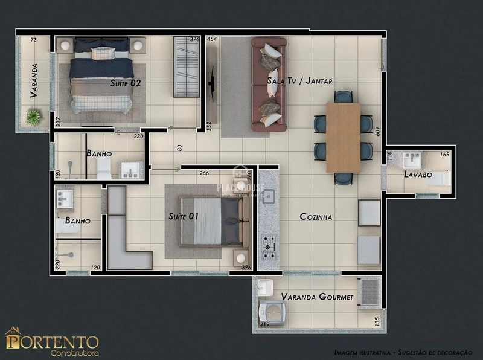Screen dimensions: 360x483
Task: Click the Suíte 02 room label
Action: (126, 83)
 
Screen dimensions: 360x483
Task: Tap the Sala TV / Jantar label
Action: (300, 81)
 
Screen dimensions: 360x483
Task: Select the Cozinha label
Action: (316, 217)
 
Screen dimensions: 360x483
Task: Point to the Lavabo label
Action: (418, 175)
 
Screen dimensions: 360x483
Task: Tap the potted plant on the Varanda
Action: (34, 116)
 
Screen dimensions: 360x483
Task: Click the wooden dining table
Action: (343, 138)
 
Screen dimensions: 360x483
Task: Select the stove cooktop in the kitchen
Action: (268, 245)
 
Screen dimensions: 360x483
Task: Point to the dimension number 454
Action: (211, 39)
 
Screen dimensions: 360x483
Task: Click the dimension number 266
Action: (204, 173)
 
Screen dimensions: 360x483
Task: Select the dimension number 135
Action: (377, 321)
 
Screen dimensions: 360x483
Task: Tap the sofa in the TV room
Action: (269, 84)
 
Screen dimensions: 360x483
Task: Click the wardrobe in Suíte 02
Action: (186, 66)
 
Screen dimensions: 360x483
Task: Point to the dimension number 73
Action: (33, 40)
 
